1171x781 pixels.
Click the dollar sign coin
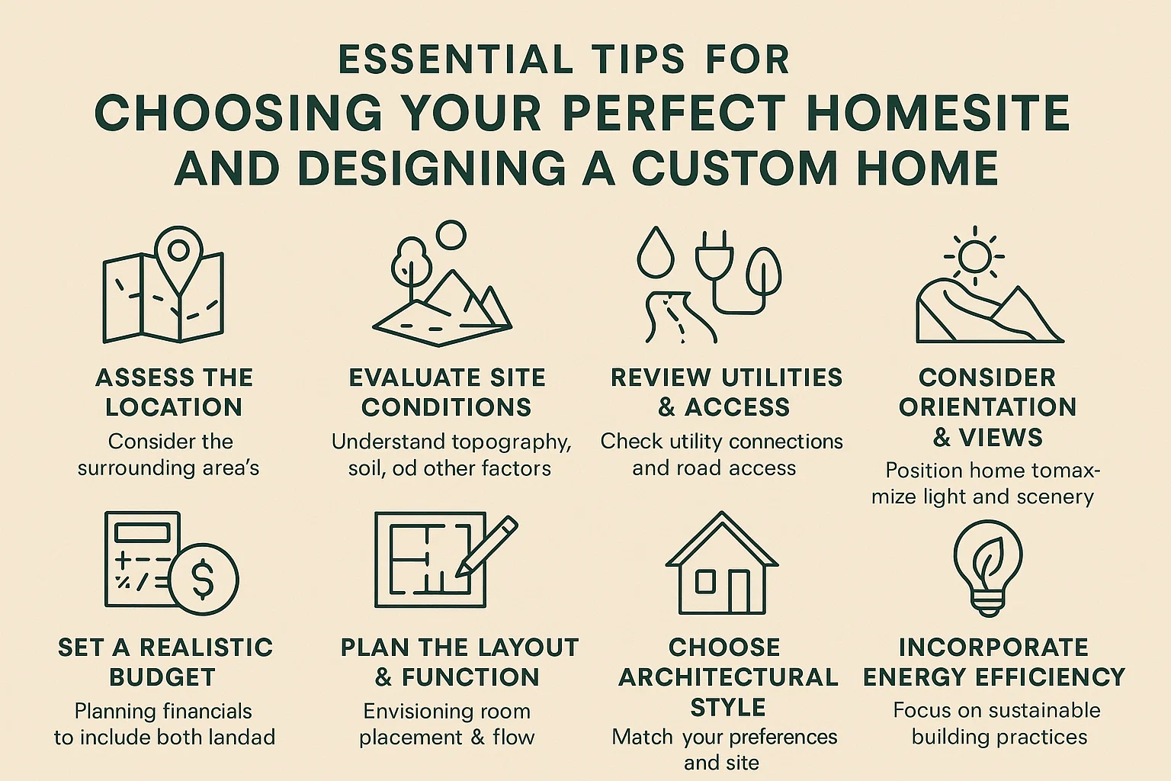(x=203, y=579)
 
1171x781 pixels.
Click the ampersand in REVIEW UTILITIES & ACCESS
(x=666, y=407)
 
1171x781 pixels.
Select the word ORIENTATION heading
(x=987, y=407)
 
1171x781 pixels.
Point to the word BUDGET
(x=162, y=677)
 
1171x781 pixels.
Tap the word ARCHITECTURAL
(x=728, y=677)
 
